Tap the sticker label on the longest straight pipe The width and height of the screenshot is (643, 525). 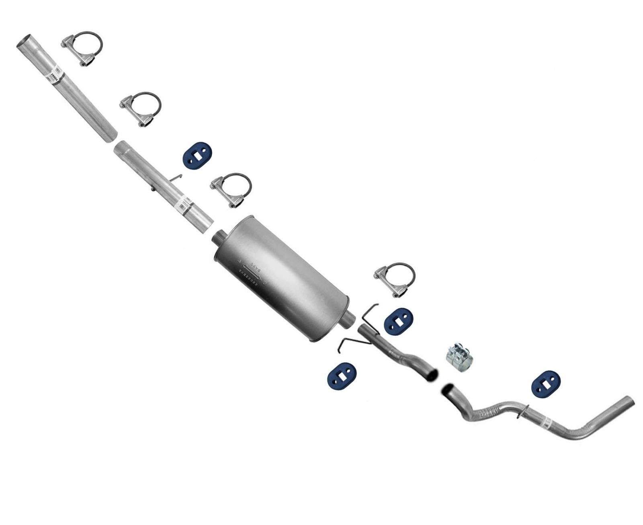tap(58, 76)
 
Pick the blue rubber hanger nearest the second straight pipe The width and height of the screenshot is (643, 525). tap(197, 156)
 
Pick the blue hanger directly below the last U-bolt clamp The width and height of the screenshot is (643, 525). tap(398, 321)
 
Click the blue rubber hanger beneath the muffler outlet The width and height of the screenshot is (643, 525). tap(342, 376)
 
